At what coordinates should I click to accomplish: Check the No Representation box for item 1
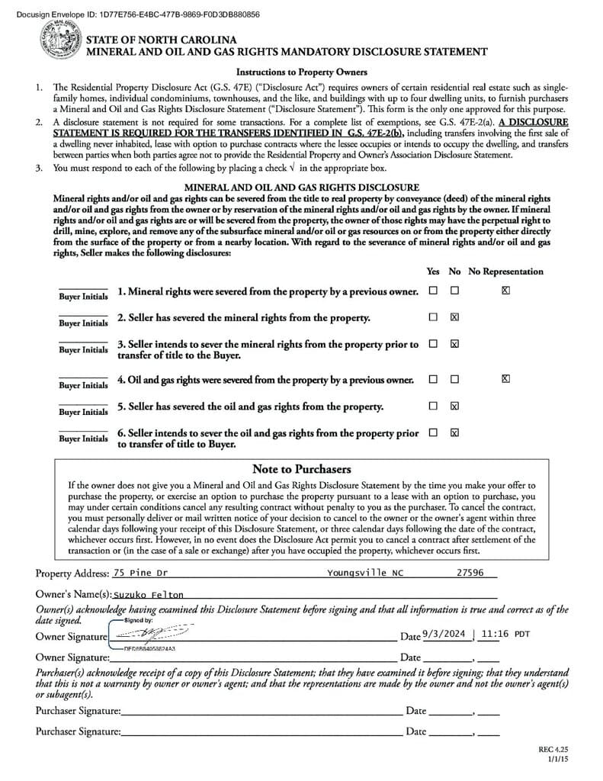[505, 291]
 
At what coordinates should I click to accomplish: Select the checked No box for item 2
[454, 317]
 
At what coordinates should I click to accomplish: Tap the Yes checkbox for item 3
[433, 343]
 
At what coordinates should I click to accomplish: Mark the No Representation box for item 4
[505, 378]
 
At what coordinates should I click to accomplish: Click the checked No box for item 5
[454, 406]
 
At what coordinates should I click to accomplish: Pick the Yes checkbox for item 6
[433, 432]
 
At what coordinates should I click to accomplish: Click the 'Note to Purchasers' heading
[301, 469]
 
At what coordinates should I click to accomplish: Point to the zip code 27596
[470, 573]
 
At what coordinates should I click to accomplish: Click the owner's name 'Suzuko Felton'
[149, 594]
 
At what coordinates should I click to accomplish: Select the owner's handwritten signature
[152, 635]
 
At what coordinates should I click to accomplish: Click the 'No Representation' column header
[505, 272]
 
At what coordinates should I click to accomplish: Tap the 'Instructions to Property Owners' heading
[301, 72]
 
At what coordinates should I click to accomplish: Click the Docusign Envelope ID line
[137, 14]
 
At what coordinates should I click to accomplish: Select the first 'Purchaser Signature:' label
[78, 711]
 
